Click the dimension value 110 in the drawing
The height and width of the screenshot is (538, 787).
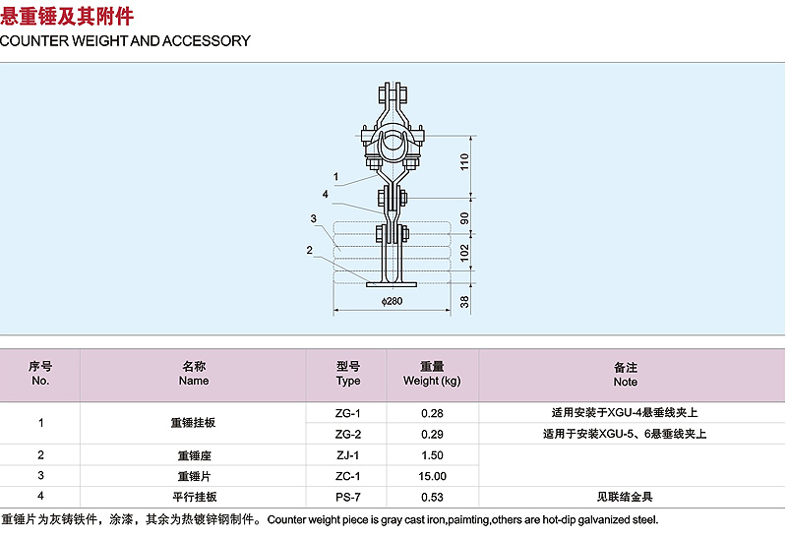(x=464, y=161)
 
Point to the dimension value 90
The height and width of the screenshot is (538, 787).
(x=464, y=218)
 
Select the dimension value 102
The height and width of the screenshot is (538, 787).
(x=464, y=252)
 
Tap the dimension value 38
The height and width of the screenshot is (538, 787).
(x=464, y=302)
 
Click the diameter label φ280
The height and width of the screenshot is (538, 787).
(x=392, y=301)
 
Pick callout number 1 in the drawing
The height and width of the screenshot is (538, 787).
(x=335, y=177)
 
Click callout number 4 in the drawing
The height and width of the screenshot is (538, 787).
(x=326, y=194)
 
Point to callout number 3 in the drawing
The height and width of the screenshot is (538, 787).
(x=313, y=218)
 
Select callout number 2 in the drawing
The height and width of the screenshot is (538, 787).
(x=309, y=250)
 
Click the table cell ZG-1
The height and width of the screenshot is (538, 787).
(x=348, y=413)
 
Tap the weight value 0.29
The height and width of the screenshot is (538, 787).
(x=432, y=435)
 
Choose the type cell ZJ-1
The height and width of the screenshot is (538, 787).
(x=348, y=455)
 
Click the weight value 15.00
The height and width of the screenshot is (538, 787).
(x=432, y=476)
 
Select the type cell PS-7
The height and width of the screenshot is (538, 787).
(x=348, y=498)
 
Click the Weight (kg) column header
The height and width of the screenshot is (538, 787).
(x=432, y=381)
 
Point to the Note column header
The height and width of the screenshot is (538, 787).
(x=626, y=382)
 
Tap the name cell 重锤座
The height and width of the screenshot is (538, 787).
(x=194, y=455)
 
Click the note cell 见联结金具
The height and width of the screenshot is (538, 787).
(x=625, y=497)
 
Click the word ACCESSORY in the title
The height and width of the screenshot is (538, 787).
(x=207, y=41)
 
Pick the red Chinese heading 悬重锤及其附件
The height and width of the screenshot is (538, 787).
(x=67, y=16)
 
